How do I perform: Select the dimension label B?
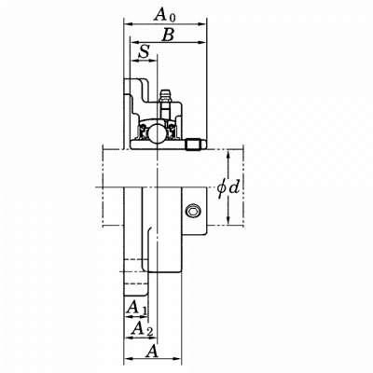(168, 35)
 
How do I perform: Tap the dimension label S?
(145, 51)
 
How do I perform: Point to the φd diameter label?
(228, 187)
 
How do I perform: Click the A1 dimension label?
(136, 308)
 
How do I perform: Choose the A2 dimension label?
(143, 328)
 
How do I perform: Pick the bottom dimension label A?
(152, 352)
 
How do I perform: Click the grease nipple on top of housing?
(165, 96)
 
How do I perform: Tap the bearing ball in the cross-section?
(155, 133)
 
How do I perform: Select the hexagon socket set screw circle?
(193, 212)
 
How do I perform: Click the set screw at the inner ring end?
(195, 145)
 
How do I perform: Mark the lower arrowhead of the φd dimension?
(228, 221)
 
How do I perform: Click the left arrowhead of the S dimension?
(134, 61)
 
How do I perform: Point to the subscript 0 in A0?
(173, 18)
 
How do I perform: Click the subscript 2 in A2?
(149, 332)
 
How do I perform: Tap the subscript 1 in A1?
(144, 311)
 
